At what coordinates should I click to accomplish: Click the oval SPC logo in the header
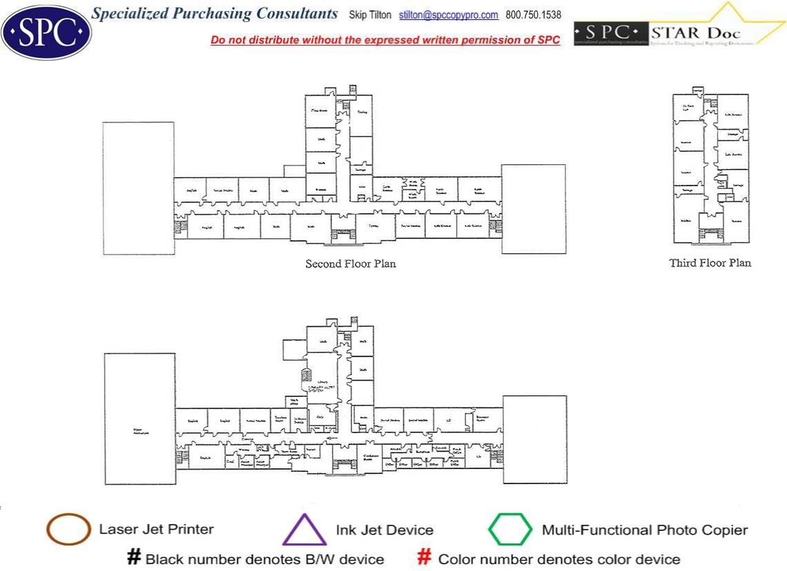tap(46, 32)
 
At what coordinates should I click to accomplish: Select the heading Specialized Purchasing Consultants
tap(215, 14)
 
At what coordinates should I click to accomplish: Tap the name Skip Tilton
tap(370, 15)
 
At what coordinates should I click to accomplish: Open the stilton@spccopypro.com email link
tap(449, 15)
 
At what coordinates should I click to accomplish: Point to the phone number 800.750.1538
tap(534, 15)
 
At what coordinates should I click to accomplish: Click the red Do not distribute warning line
tap(385, 40)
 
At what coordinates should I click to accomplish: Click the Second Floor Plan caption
tap(351, 263)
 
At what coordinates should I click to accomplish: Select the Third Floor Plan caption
tap(710, 263)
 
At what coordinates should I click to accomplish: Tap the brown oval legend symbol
tap(68, 530)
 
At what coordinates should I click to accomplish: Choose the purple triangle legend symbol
tap(304, 530)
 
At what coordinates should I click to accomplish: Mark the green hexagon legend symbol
tap(510, 530)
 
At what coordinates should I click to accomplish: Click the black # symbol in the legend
tap(134, 559)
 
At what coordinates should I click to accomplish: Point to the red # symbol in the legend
tap(425, 559)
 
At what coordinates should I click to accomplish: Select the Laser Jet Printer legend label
tap(156, 530)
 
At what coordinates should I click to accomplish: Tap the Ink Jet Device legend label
tap(385, 530)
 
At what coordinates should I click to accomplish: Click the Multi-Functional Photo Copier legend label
tap(645, 530)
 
